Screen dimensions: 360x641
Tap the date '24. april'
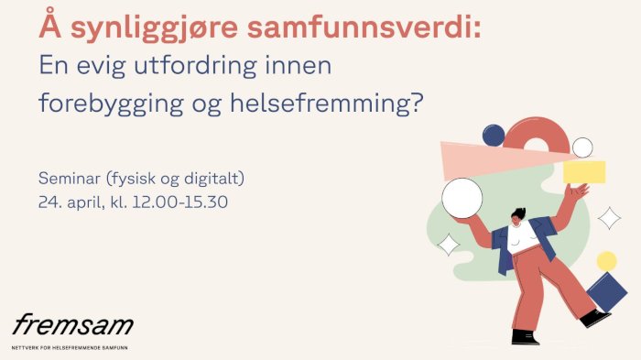[x=71, y=201]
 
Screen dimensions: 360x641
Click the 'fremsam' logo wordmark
[x=72, y=323]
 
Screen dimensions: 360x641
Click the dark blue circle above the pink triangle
[x=494, y=136]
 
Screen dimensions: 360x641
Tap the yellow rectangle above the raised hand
[x=584, y=171]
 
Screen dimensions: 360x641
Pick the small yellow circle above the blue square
[x=606, y=261]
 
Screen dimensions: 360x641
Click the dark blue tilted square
[x=607, y=292]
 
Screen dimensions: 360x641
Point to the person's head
[x=518, y=218]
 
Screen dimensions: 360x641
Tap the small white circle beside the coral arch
[x=582, y=147]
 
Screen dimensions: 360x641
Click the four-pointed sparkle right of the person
[x=609, y=218]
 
